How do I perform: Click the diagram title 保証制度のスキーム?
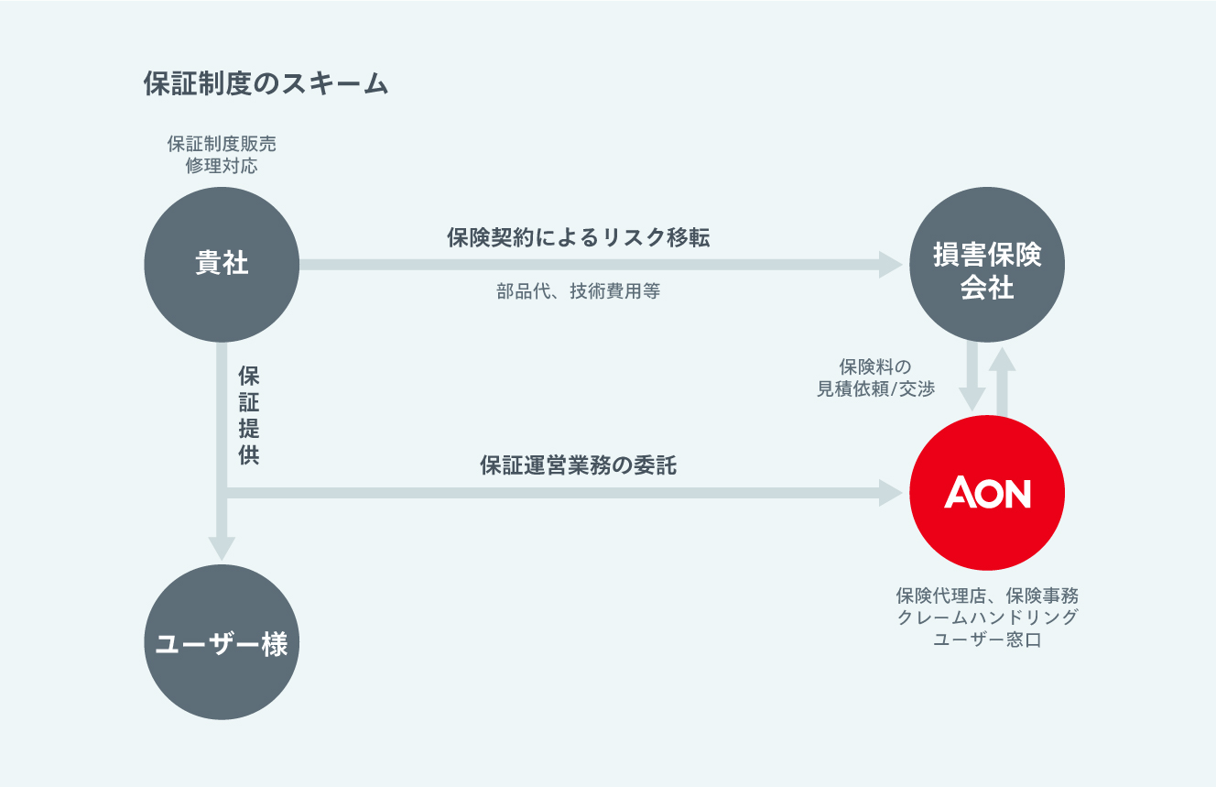coord(266,84)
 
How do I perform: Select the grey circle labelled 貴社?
coord(222,265)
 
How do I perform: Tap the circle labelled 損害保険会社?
coord(987,266)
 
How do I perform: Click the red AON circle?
coord(987,493)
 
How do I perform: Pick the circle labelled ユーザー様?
coord(222,643)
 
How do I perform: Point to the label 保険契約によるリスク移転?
coord(579,238)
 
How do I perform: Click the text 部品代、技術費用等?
coord(579,292)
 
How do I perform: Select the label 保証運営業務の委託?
coord(579,465)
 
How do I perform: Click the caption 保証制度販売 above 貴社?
coord(222,144)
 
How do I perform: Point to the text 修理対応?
coord(222,166)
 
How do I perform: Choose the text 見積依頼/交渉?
coord(876,389)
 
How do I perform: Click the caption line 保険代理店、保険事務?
coord(987,596)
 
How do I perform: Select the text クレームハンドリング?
coord(987,618)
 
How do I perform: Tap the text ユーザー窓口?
coord(987,640)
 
